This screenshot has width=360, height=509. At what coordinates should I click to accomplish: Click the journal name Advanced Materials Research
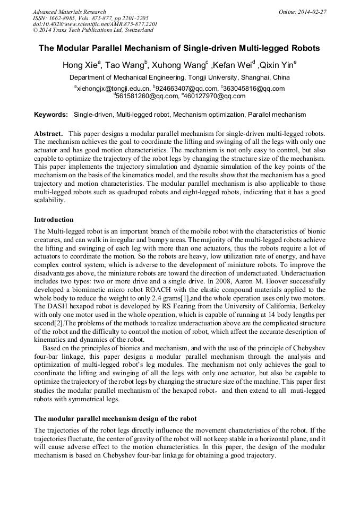pyautogui.click(x=70, y=12)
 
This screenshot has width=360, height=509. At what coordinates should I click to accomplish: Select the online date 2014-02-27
pyautogui.click(x=312, y=12)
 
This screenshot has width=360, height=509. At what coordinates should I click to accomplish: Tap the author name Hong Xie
pyautogui.click(x=80, y=66)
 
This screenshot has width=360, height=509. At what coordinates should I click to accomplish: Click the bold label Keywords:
pyautogui.click(x=51, y=115)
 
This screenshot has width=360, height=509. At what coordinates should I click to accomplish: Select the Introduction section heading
pyautogui.click(x=54, y=220)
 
